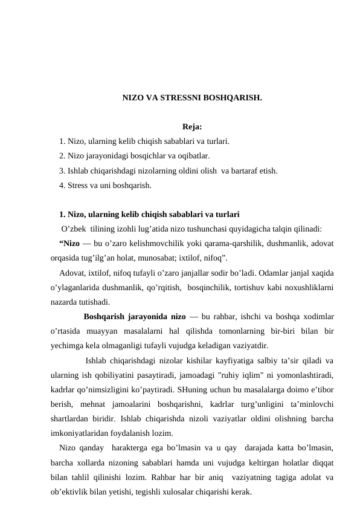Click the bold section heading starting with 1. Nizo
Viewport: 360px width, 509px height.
click(149, 214)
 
